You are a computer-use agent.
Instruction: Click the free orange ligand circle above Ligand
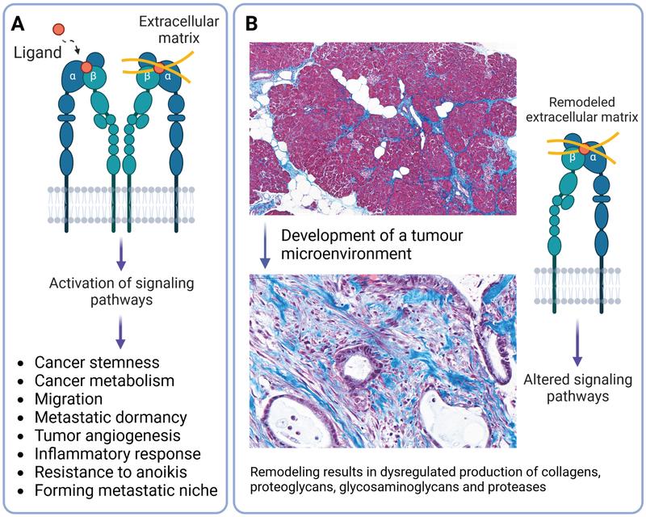click(58, 30)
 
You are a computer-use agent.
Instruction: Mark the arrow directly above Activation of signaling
click(120, 252)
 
